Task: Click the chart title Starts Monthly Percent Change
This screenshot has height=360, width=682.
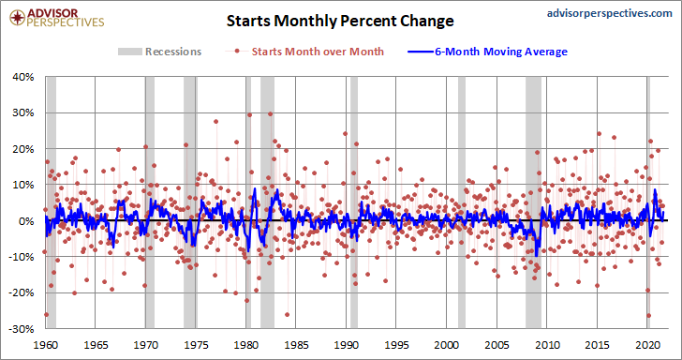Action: (340, 21)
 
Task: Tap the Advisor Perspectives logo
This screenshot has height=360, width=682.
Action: (57, 17)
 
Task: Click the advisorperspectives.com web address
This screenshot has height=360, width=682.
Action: (609, 13)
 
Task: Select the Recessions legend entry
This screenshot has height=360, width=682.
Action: (159, 52)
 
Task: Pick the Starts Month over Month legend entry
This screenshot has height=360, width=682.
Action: (304, 52)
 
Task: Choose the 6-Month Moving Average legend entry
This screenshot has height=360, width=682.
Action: (487, 52)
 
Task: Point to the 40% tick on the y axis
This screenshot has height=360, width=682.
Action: (24, 77)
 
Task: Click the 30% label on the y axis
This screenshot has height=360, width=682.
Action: (24, 112)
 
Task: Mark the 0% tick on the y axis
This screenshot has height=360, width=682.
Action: (27, 220)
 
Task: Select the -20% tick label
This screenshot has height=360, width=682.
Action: (23, 292)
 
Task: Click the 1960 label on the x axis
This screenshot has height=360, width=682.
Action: (46, 344)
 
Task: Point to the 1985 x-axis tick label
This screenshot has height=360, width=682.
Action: (296, 344)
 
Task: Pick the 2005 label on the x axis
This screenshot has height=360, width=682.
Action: (497, 344)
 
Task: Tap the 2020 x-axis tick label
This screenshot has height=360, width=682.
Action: (646, 344)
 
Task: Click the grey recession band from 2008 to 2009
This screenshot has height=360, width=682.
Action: (533, 202)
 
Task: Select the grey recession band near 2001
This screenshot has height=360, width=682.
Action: (462, 202)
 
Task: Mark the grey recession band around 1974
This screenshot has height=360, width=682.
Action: (189, 202)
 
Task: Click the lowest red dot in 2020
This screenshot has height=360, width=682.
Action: (648, 316)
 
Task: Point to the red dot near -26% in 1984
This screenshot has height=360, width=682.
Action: (287, 314)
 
